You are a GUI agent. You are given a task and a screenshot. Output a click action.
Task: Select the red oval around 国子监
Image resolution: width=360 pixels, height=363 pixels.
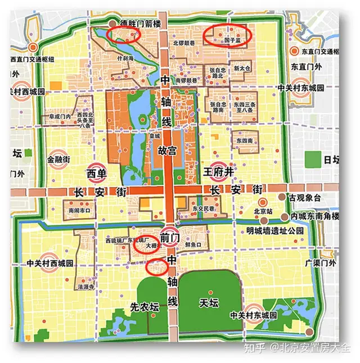pyautogui.click(x=226, y=35)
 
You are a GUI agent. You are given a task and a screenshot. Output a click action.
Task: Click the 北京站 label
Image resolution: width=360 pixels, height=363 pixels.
pyautogui.click(x=263, y=212)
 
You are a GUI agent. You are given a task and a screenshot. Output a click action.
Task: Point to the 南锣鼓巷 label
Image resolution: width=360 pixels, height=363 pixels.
pyautogui.click(x=187, y=80)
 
